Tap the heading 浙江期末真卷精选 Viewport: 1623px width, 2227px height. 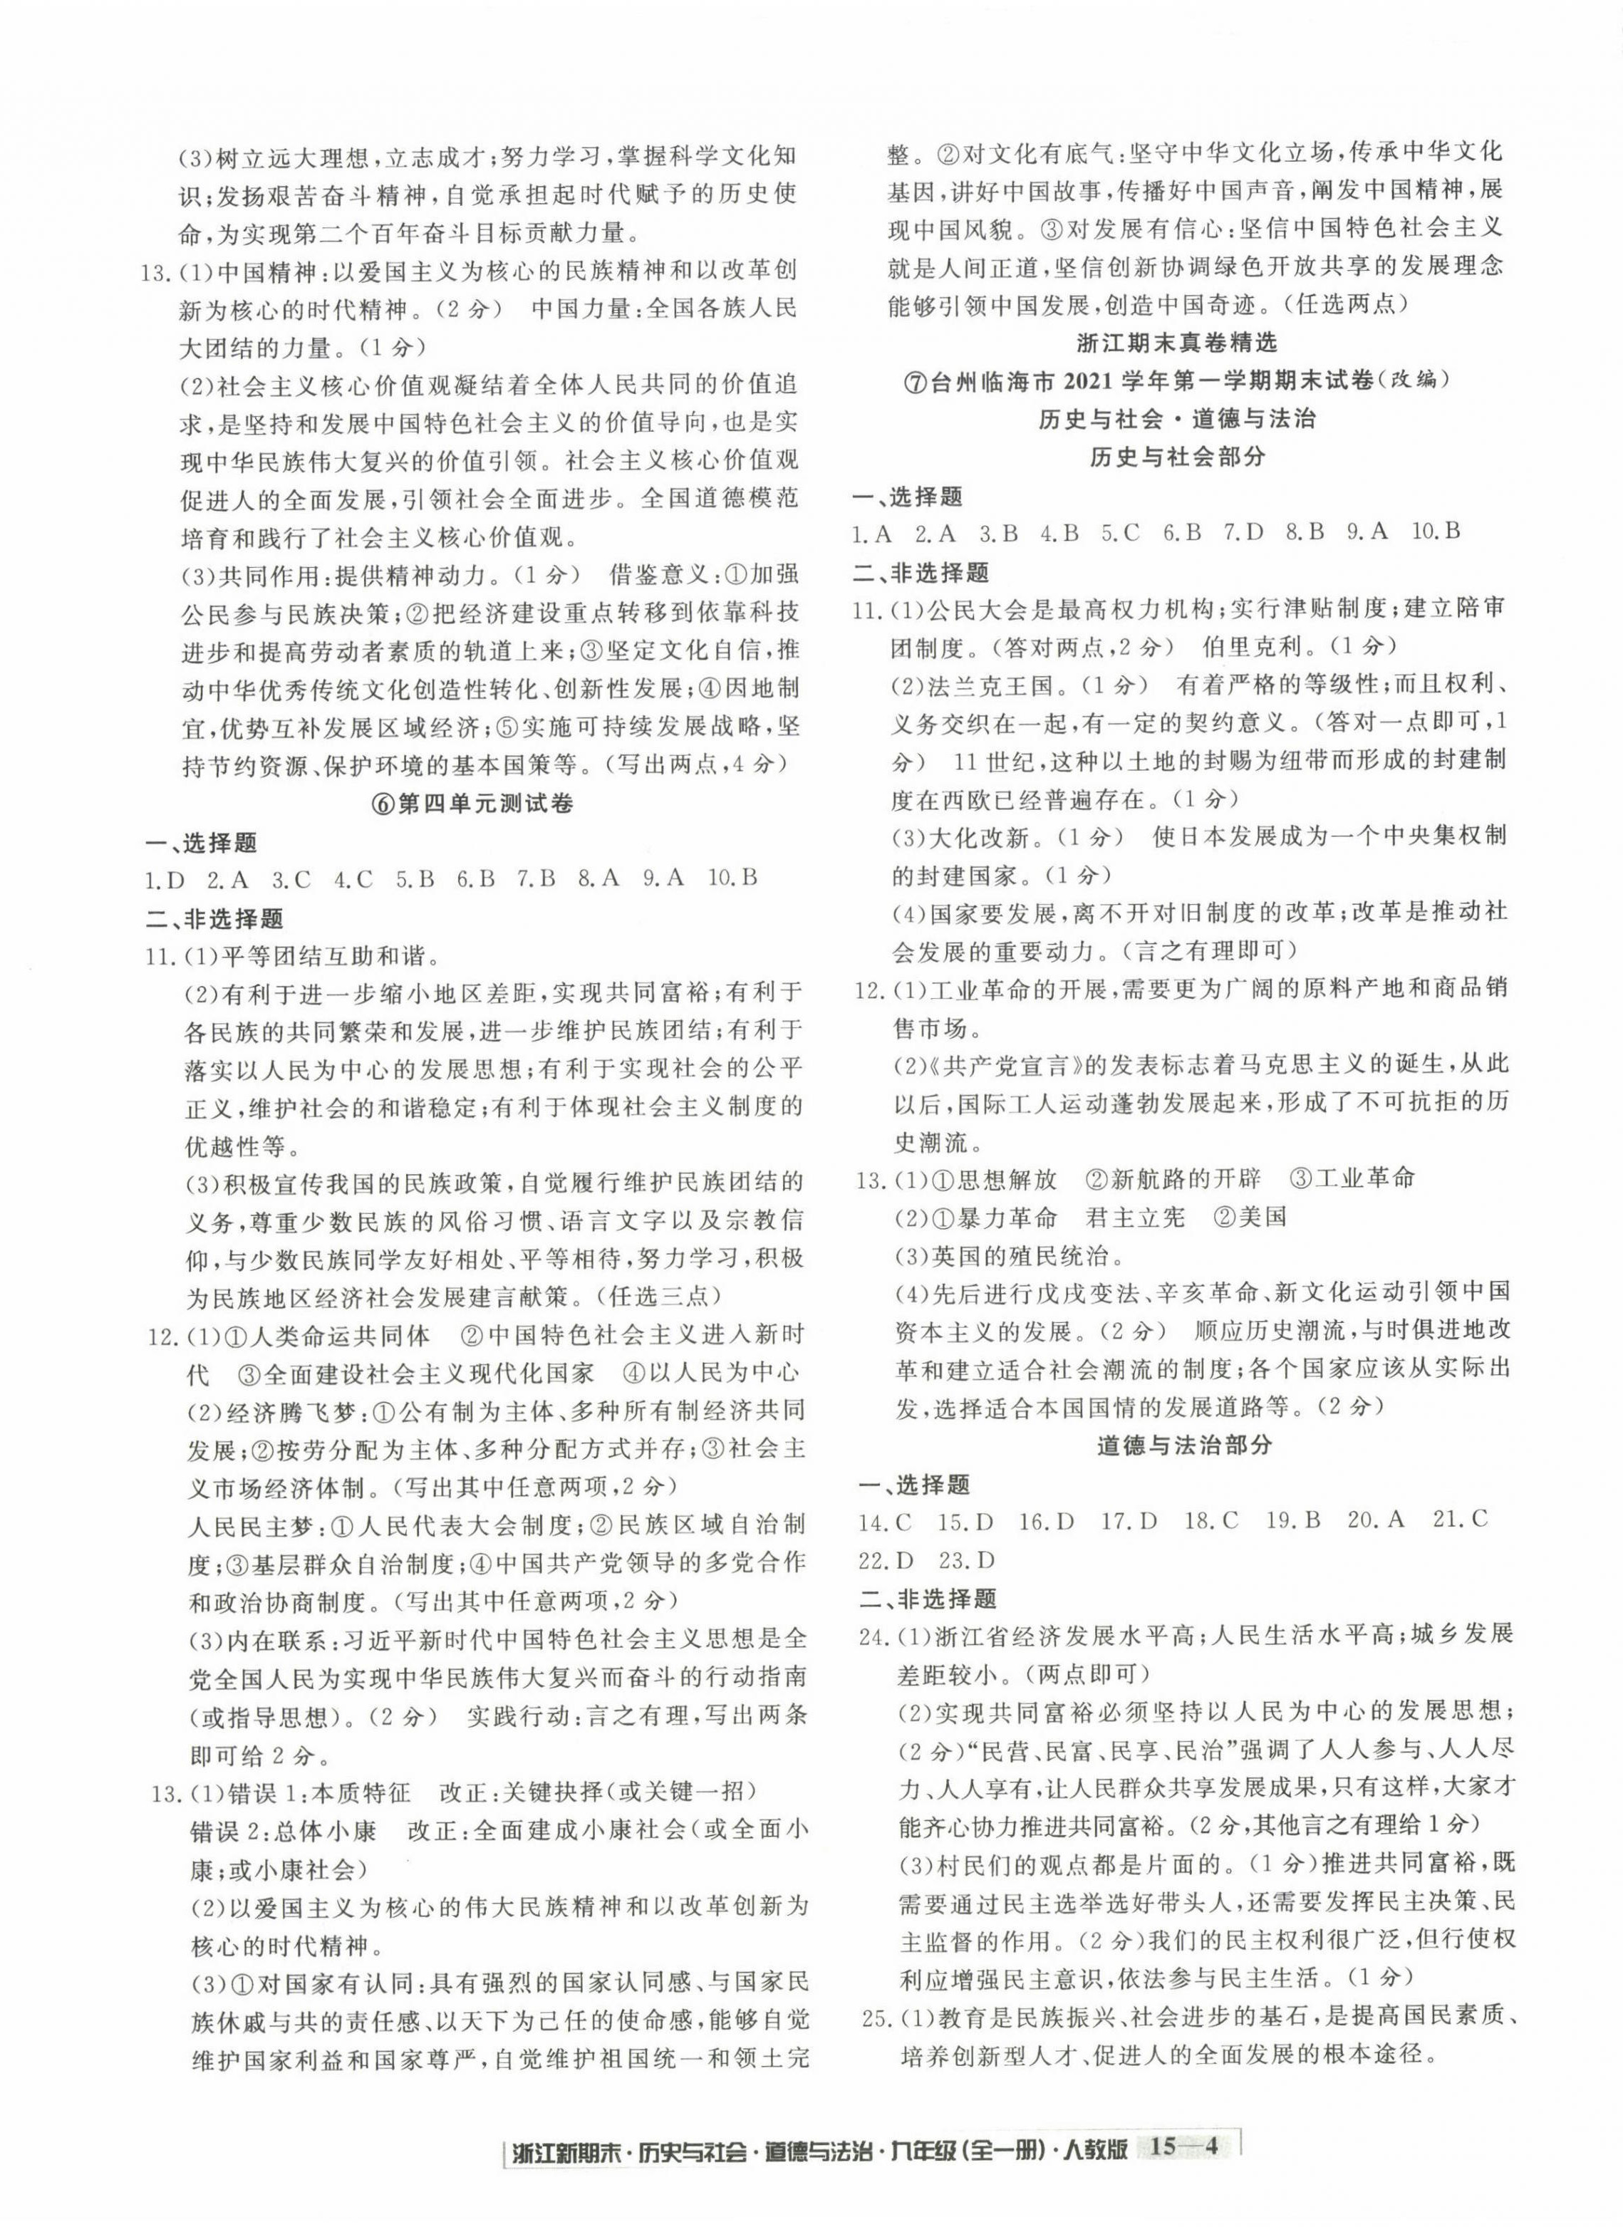(x=1176, y=343)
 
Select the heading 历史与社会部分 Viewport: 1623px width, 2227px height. (x=1178, y=456)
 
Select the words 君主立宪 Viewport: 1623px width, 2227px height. (x=1136, y=1217)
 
